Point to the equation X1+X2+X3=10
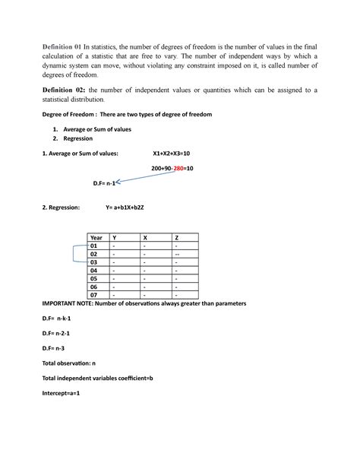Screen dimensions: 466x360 (176, 154)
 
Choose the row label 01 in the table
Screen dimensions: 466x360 (94, 246)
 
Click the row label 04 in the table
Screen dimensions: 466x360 (94, 270)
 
